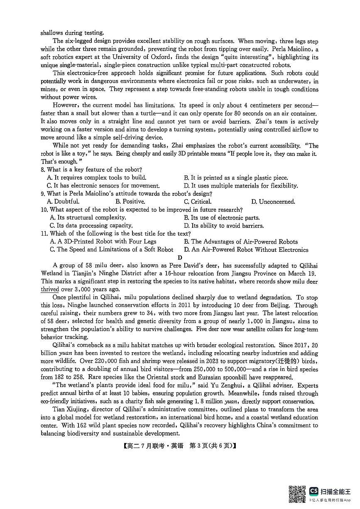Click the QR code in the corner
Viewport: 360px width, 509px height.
click(x=297, y=494)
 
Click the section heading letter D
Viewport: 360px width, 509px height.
click(x=180, y=258)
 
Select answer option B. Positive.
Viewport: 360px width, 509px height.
click(x=130, y=202)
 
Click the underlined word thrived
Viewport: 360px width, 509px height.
click(x=50, y=290)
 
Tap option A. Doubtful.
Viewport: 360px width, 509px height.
click(x=63, y=202)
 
